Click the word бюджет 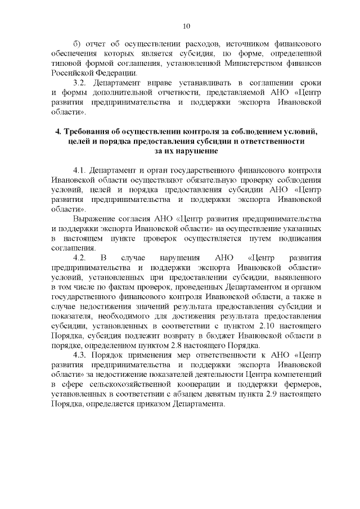pyautogui.click(x=225, y=336)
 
